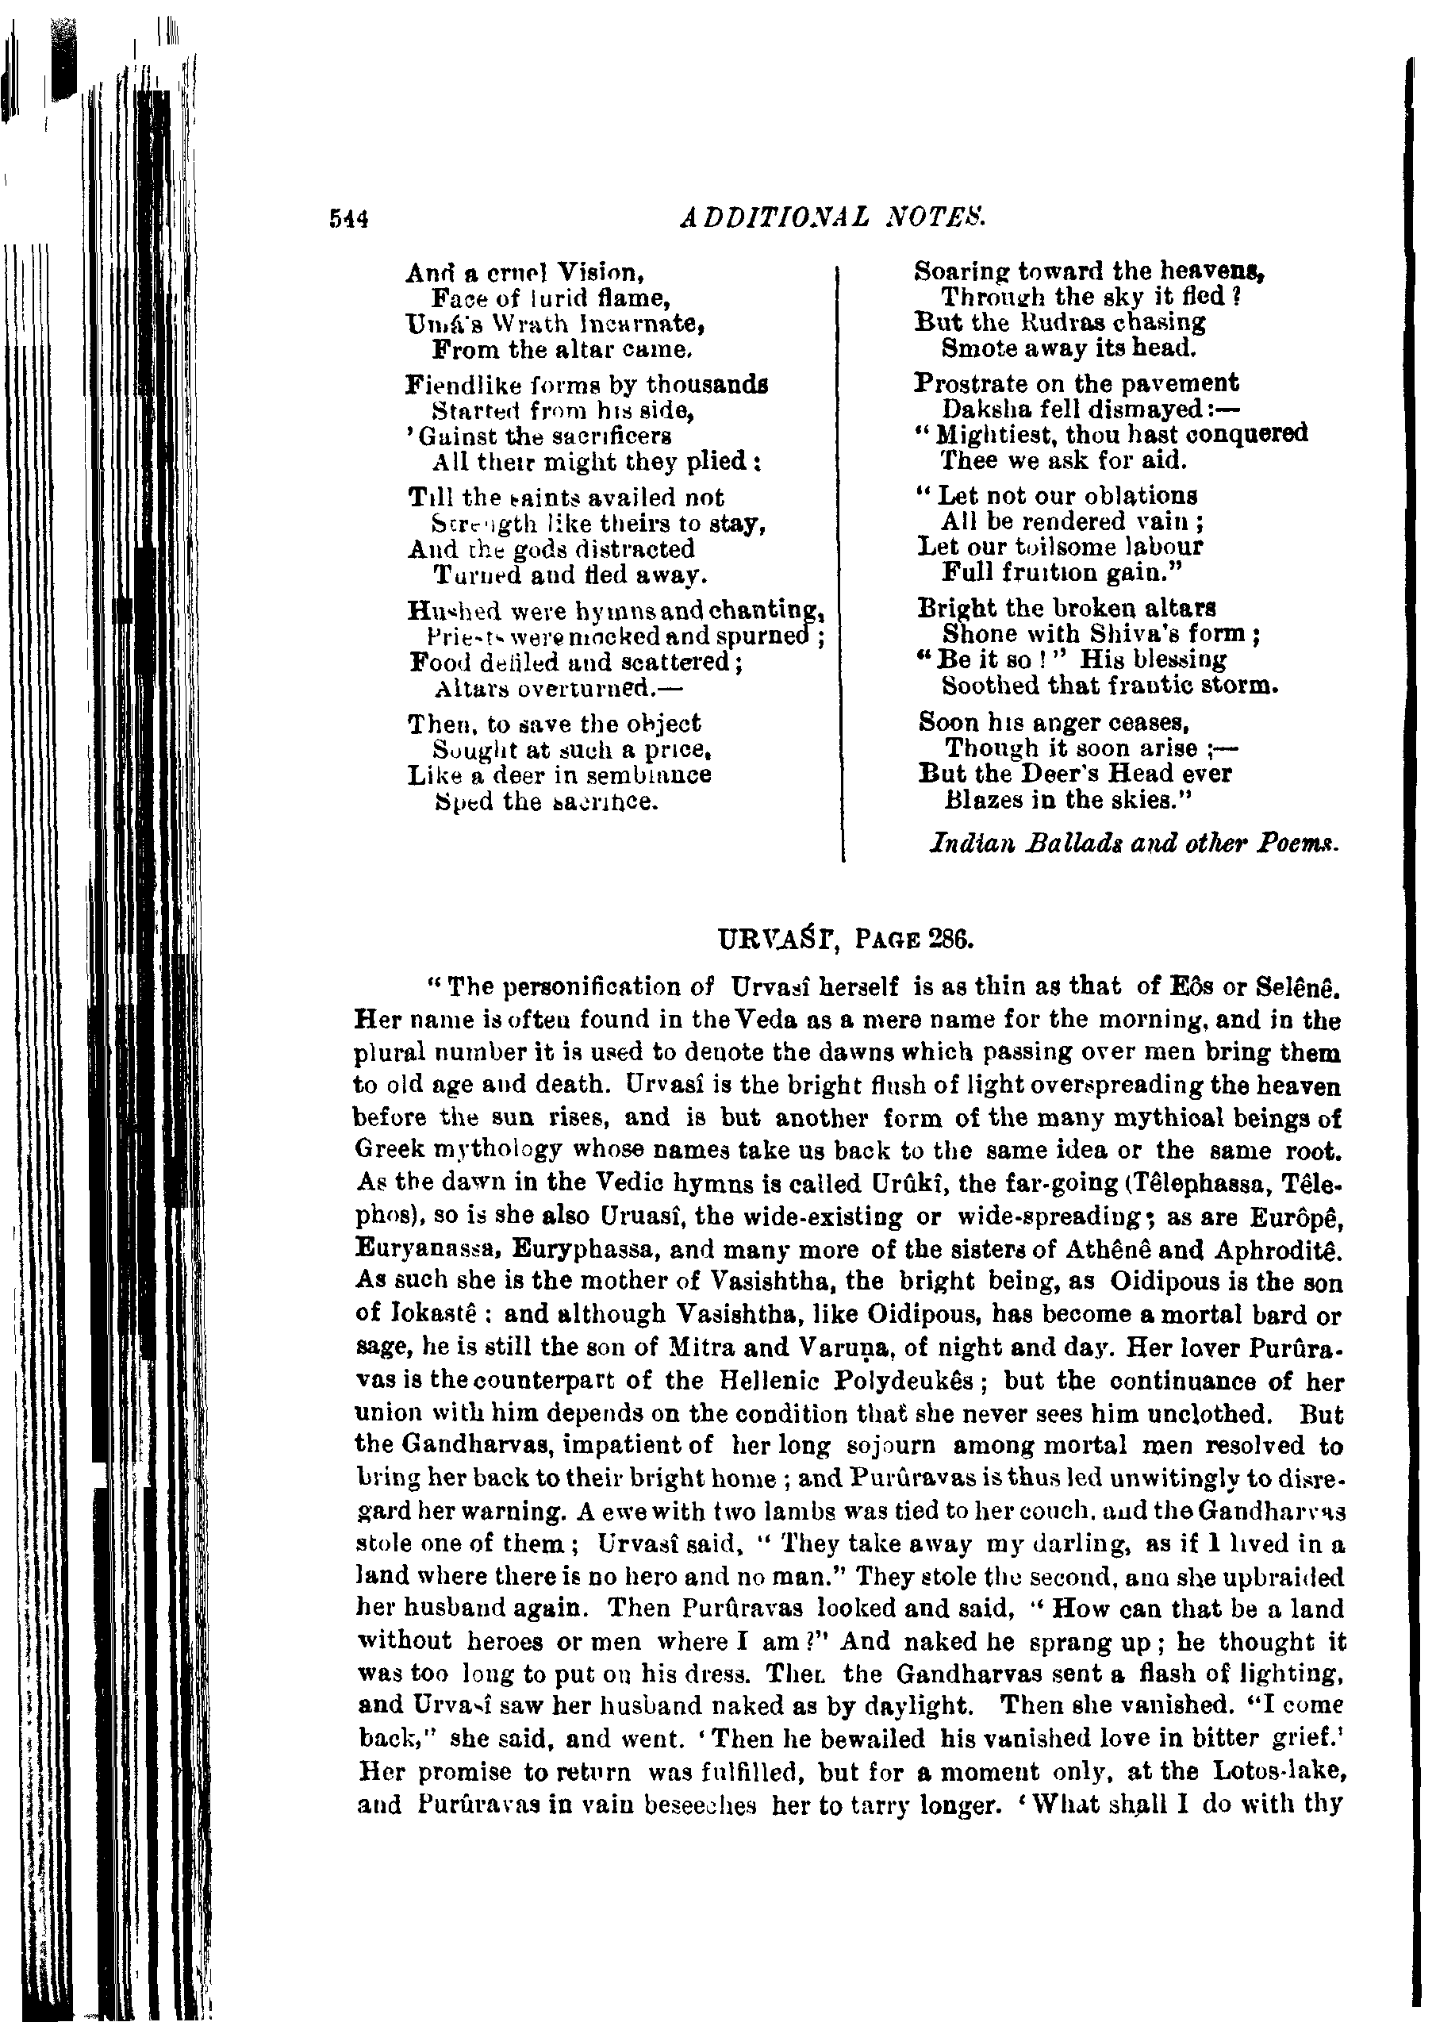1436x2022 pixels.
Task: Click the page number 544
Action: point(347,218)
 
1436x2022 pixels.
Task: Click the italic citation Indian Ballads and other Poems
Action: point(1135,844)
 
